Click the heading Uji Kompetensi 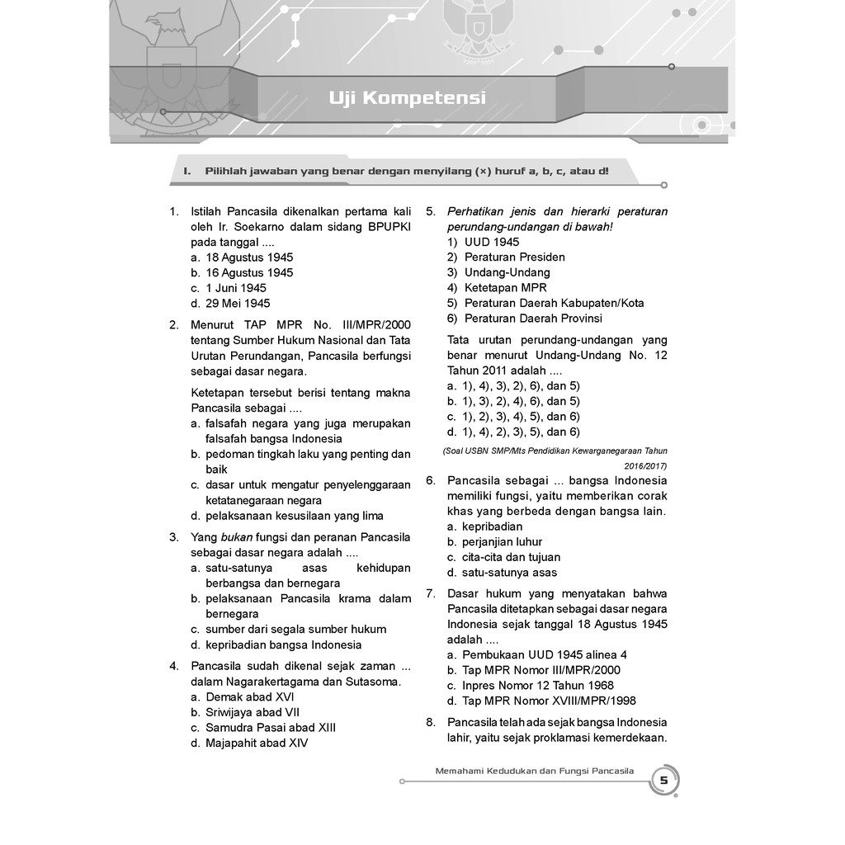pos(407,99)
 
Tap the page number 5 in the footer pos(664,781)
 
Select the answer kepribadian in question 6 pos(492,526)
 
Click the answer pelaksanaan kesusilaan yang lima pos(294,516)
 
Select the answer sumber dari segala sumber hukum pos(295,630)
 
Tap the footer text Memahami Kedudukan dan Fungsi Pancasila pos(534,772)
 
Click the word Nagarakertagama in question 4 pos(269,682)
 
